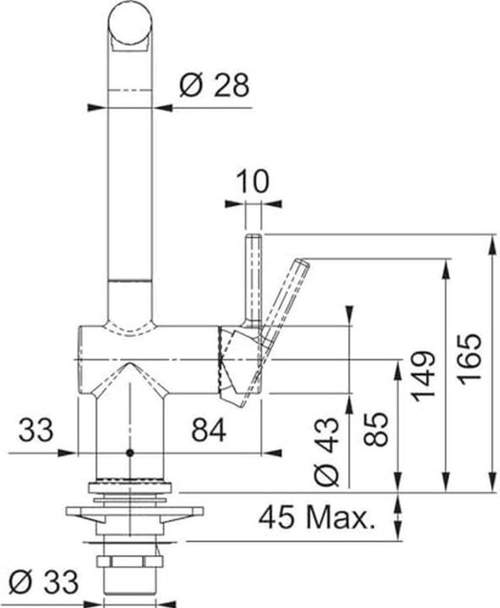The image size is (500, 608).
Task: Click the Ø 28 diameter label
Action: (214, 85)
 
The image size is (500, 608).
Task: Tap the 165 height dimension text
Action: (470, 359)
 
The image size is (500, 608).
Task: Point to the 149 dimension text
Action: (424, 376)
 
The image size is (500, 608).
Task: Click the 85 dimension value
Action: (376, 429)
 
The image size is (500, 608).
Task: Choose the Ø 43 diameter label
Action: (327, 452)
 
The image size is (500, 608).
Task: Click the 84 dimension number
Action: (209, 430)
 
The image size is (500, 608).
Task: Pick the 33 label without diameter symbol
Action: (35, 430)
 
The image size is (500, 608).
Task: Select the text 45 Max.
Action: (318, 518)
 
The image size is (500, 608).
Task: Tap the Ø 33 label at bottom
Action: (43, 582)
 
